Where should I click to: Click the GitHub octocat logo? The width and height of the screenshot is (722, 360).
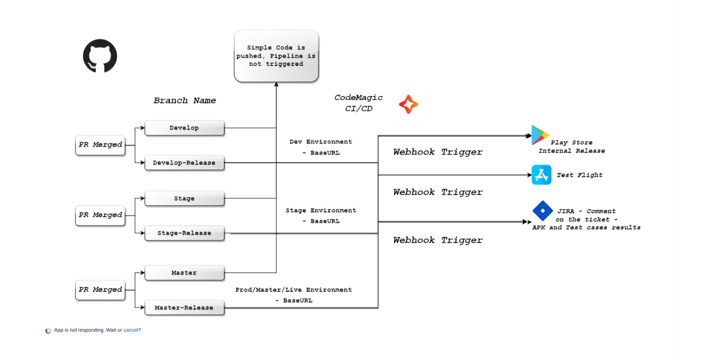(100, 56)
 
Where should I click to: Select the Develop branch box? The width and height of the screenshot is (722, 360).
(184, 128)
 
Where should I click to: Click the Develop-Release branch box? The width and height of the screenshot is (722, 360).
(184, 163)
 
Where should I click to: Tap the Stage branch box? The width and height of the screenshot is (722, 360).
(184, 198)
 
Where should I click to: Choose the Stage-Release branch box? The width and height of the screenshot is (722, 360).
(184, 233)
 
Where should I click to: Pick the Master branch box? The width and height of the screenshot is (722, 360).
(184, 273)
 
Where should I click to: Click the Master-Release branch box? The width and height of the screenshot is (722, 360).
(184, 307)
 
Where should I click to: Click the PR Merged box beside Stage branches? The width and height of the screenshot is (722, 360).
(100, 215)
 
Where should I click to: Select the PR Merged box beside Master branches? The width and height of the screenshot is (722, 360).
(100, 290)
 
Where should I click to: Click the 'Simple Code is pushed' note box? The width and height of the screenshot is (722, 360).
(276, 56)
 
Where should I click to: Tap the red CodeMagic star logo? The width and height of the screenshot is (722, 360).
(409, 104)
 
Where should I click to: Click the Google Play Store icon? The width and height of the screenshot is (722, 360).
(539, 135)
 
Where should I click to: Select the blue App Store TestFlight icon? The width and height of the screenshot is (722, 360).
(541, 175)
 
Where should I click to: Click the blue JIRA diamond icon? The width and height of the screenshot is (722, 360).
(542, 211)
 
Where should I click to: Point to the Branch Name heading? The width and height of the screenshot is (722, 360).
(185, 101)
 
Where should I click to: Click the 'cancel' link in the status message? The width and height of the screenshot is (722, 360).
(130, 330)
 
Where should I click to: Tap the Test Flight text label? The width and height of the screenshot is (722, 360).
(579, 175)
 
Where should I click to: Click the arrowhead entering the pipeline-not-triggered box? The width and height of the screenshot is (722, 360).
(276, 85)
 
